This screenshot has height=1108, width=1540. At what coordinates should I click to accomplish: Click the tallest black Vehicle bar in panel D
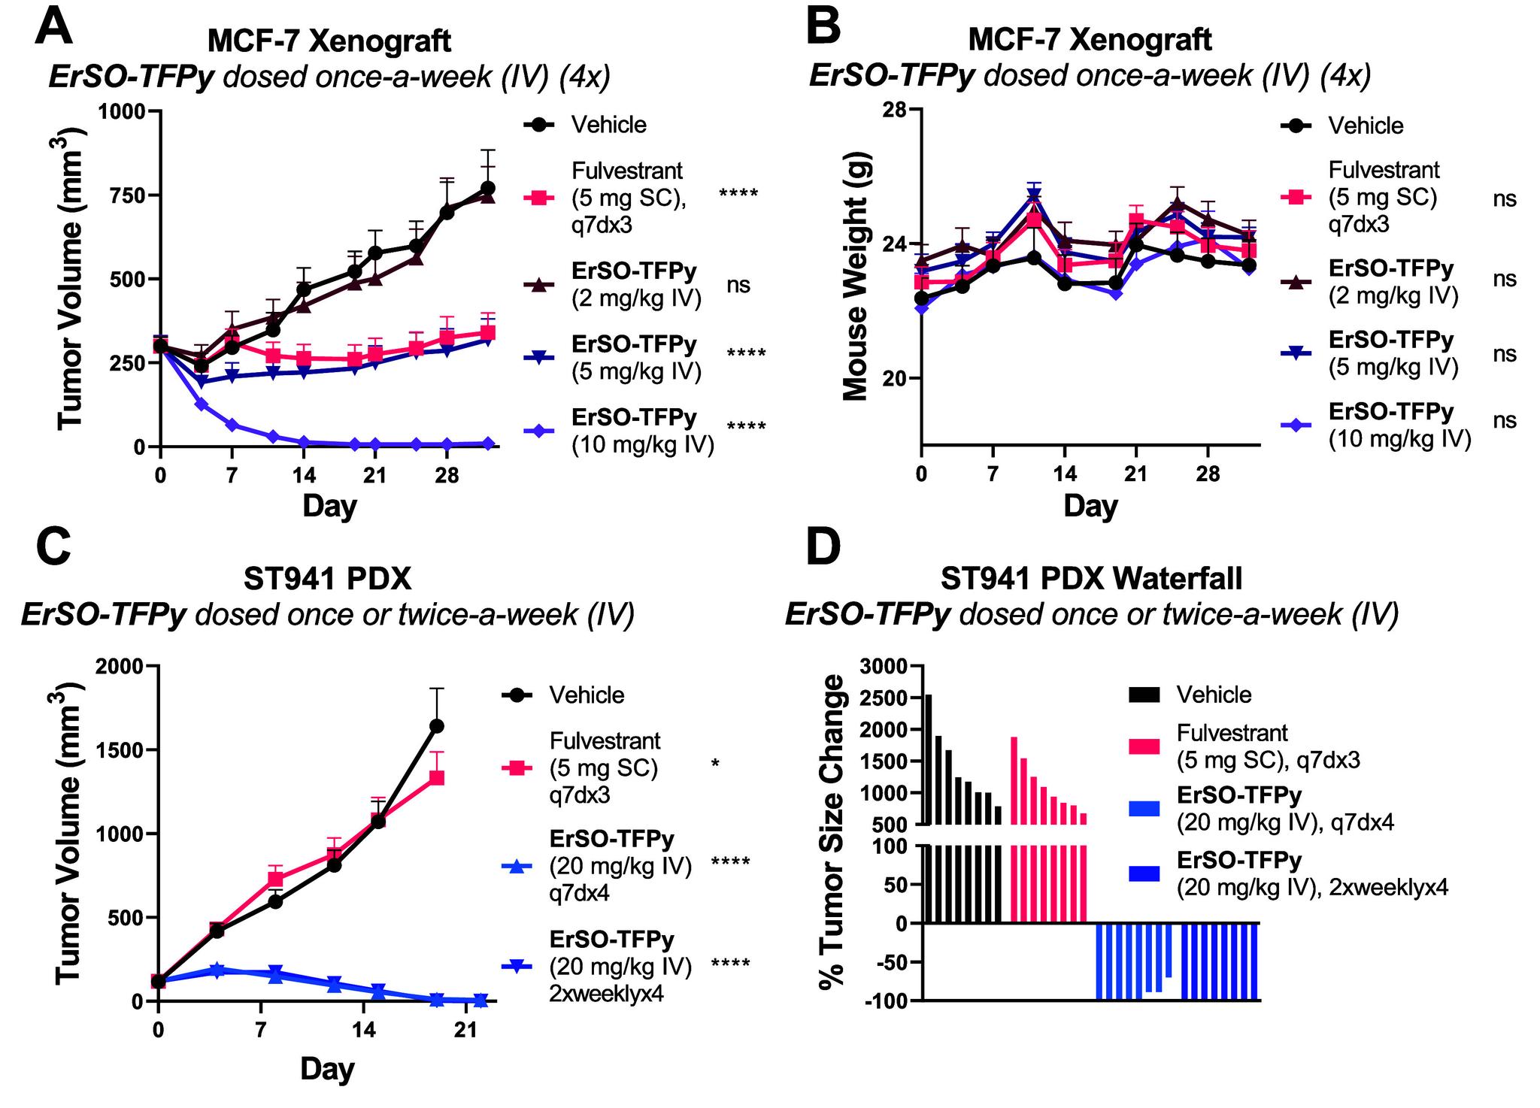[x=929, y=759]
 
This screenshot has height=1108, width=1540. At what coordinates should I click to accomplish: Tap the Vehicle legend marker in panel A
[x=540, y=125]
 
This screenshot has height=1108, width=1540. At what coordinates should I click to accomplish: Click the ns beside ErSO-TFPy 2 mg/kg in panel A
[x=738, y=286]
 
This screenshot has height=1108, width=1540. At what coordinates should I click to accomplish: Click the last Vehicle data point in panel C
[x=436, y=726]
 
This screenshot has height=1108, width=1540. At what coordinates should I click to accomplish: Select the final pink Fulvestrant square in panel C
[x=436, y=778]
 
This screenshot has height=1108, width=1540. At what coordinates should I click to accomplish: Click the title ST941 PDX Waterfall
[x=1090, y=579]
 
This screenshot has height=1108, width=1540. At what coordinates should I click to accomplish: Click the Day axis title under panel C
[x=327, y=1068]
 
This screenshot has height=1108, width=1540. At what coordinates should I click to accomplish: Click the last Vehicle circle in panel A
[x=488, y=188]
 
